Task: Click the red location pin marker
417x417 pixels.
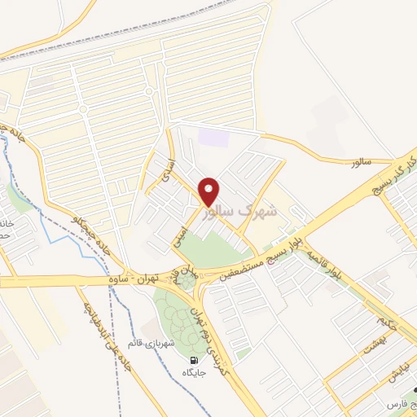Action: (x=209, y=192)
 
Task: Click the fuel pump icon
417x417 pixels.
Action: (x=194, y=361)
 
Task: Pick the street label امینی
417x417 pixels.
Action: (x=182, y=234)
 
